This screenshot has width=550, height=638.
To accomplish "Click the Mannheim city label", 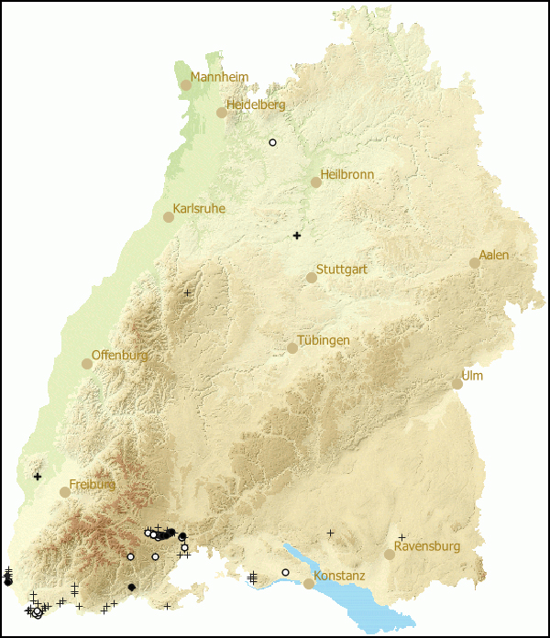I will pyautogui.click(x=220, y=77).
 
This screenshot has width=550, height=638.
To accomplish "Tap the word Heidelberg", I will pyautogui.click(x=256, y=104).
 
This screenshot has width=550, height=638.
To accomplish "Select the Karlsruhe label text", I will pyautogui.click(x=199, y=209).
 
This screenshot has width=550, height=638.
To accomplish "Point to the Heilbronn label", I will pyautogui.click(x=347, y=174).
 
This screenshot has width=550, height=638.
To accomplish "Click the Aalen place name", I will pyautogui.click(x=494, y=255).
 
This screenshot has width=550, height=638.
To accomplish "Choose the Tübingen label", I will pyautogui.click(x=324, y=340).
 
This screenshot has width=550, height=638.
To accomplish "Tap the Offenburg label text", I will pyautogui.click(x=120, y=355).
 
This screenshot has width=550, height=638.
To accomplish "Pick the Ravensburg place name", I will pyautogui.click(x=427, y=546).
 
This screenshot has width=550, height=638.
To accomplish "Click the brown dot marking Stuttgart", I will pyautogui.click(x=312, y=278).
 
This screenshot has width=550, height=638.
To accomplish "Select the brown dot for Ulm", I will pyautogui.click(x=457, y=384).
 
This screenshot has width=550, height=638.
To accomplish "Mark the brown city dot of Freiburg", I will pyautogui.click(x=65, y=492).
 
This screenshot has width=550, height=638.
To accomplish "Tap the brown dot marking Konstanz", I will pyautogui.click(x=309, y=584).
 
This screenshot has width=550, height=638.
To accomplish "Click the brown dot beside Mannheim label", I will pyautogui.click(x=186, y=84).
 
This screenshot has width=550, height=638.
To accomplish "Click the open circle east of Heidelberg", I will pyautogui.click(x=272, y=142).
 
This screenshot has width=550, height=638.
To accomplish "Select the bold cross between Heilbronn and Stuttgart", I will pyautogui.click(x=297, y=236).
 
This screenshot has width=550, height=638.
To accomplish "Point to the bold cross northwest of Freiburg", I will pyautogui.click(x=38, y=476).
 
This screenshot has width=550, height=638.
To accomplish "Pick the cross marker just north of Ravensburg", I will pyautogui.click(x=401, y=537).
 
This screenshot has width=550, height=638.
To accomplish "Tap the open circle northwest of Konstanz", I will pyautogui.click(x=285, y=572).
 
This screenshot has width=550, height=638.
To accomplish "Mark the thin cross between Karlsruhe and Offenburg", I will pyautogui.click(x=187, y=292).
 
